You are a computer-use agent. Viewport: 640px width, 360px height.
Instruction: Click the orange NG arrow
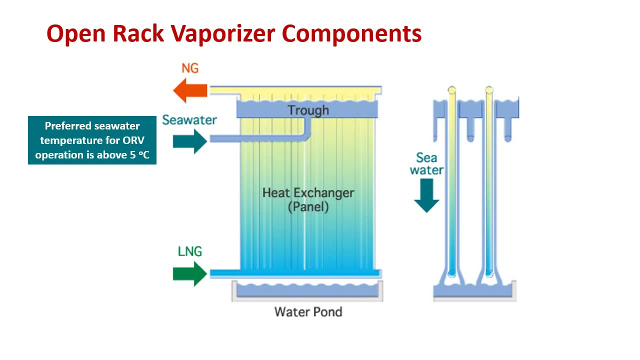tap(189, 91)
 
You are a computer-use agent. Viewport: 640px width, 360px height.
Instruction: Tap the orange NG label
tap(190, 68)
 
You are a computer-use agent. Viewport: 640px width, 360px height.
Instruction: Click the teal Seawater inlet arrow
tap(190, 141)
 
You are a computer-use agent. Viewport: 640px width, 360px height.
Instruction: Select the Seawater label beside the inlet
tap(189, 120)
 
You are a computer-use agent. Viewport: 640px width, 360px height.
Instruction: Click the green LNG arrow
tap(190, 274)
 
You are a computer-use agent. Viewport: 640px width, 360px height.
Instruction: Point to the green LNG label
tap(190, 251)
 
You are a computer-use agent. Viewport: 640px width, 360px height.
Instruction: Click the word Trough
tap(308, 110)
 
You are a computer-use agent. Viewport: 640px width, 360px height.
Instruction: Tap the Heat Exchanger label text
tap(308, 192)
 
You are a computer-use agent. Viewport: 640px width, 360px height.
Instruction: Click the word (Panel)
tap(308, 207)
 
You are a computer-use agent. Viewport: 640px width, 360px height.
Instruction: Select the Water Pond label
tap(308, 312)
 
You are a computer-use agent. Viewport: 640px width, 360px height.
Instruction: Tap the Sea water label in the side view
tap(426, 164)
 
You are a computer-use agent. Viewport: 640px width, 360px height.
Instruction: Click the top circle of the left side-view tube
tap(452, 90)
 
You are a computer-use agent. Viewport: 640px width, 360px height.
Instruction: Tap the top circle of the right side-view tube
tap(489, 90)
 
